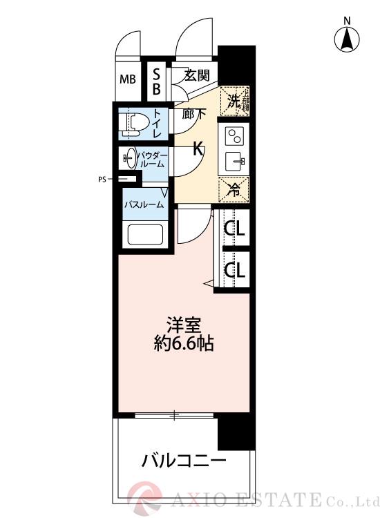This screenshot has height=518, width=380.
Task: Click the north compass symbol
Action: (x=348, y=39)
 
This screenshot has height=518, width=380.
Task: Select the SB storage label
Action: (x=157, y=81)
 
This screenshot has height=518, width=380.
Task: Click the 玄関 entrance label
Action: (x=196, y=75)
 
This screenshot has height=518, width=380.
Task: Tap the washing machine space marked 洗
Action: (x=234, y=101)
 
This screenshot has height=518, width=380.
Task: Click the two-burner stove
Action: (x=235, y=135)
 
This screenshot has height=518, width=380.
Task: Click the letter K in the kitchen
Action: (x=198, y=148)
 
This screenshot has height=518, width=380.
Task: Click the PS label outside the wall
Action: (x=102, y=180)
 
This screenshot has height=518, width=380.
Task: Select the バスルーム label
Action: (x=144, y=204)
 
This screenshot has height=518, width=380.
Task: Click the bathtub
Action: (x=144, y=236)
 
